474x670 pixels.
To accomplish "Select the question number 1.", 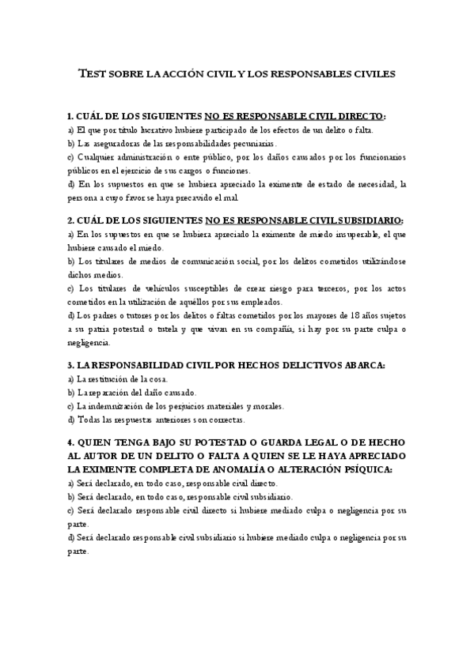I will pyautogui.click(x=70, y=115).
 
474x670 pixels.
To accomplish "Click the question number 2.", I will pyautogui.click(x=70, y=220).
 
